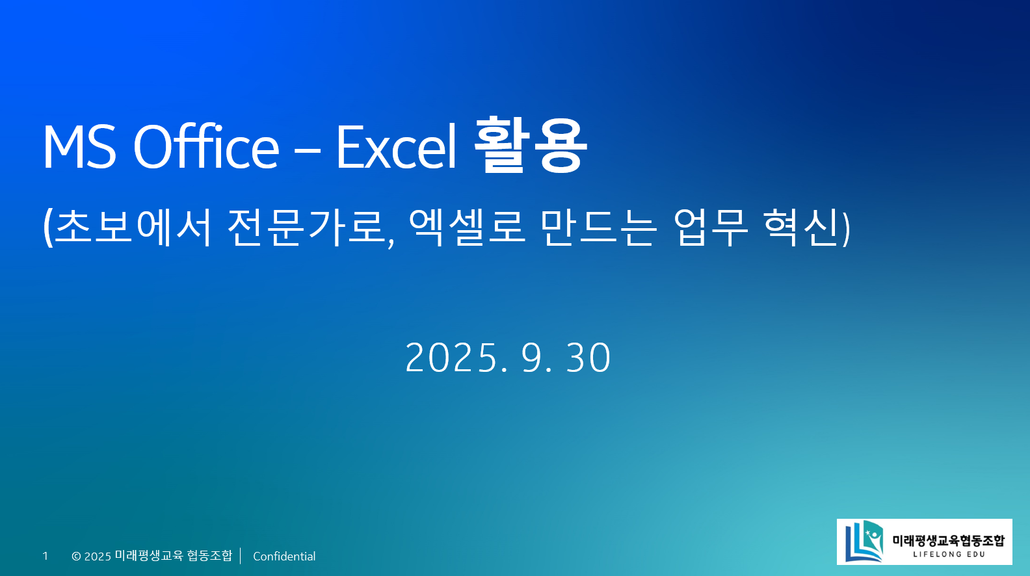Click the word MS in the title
click(x=79, y=147)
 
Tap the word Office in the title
click(x=206, y=147)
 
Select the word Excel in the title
click(x=397, y=147)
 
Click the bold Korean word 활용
click(x=531, y=146)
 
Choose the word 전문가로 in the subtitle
click(x=308, y=227)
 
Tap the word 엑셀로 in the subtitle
click(x=467, y=227)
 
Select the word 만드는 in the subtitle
click(x=598, y=227)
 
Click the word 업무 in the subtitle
click(x=711, y=227)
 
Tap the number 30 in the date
click(x=588, y=358)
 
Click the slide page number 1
click(x=45, y=556)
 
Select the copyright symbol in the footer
click(x=76, y=556)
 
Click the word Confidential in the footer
click(x=284, y=556)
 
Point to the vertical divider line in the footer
click(x=241, y=556)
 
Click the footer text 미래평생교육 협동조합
click(x=173, y=556)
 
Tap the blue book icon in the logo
click(x=864, y=541)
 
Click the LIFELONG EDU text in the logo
click(x=949, y=555)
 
